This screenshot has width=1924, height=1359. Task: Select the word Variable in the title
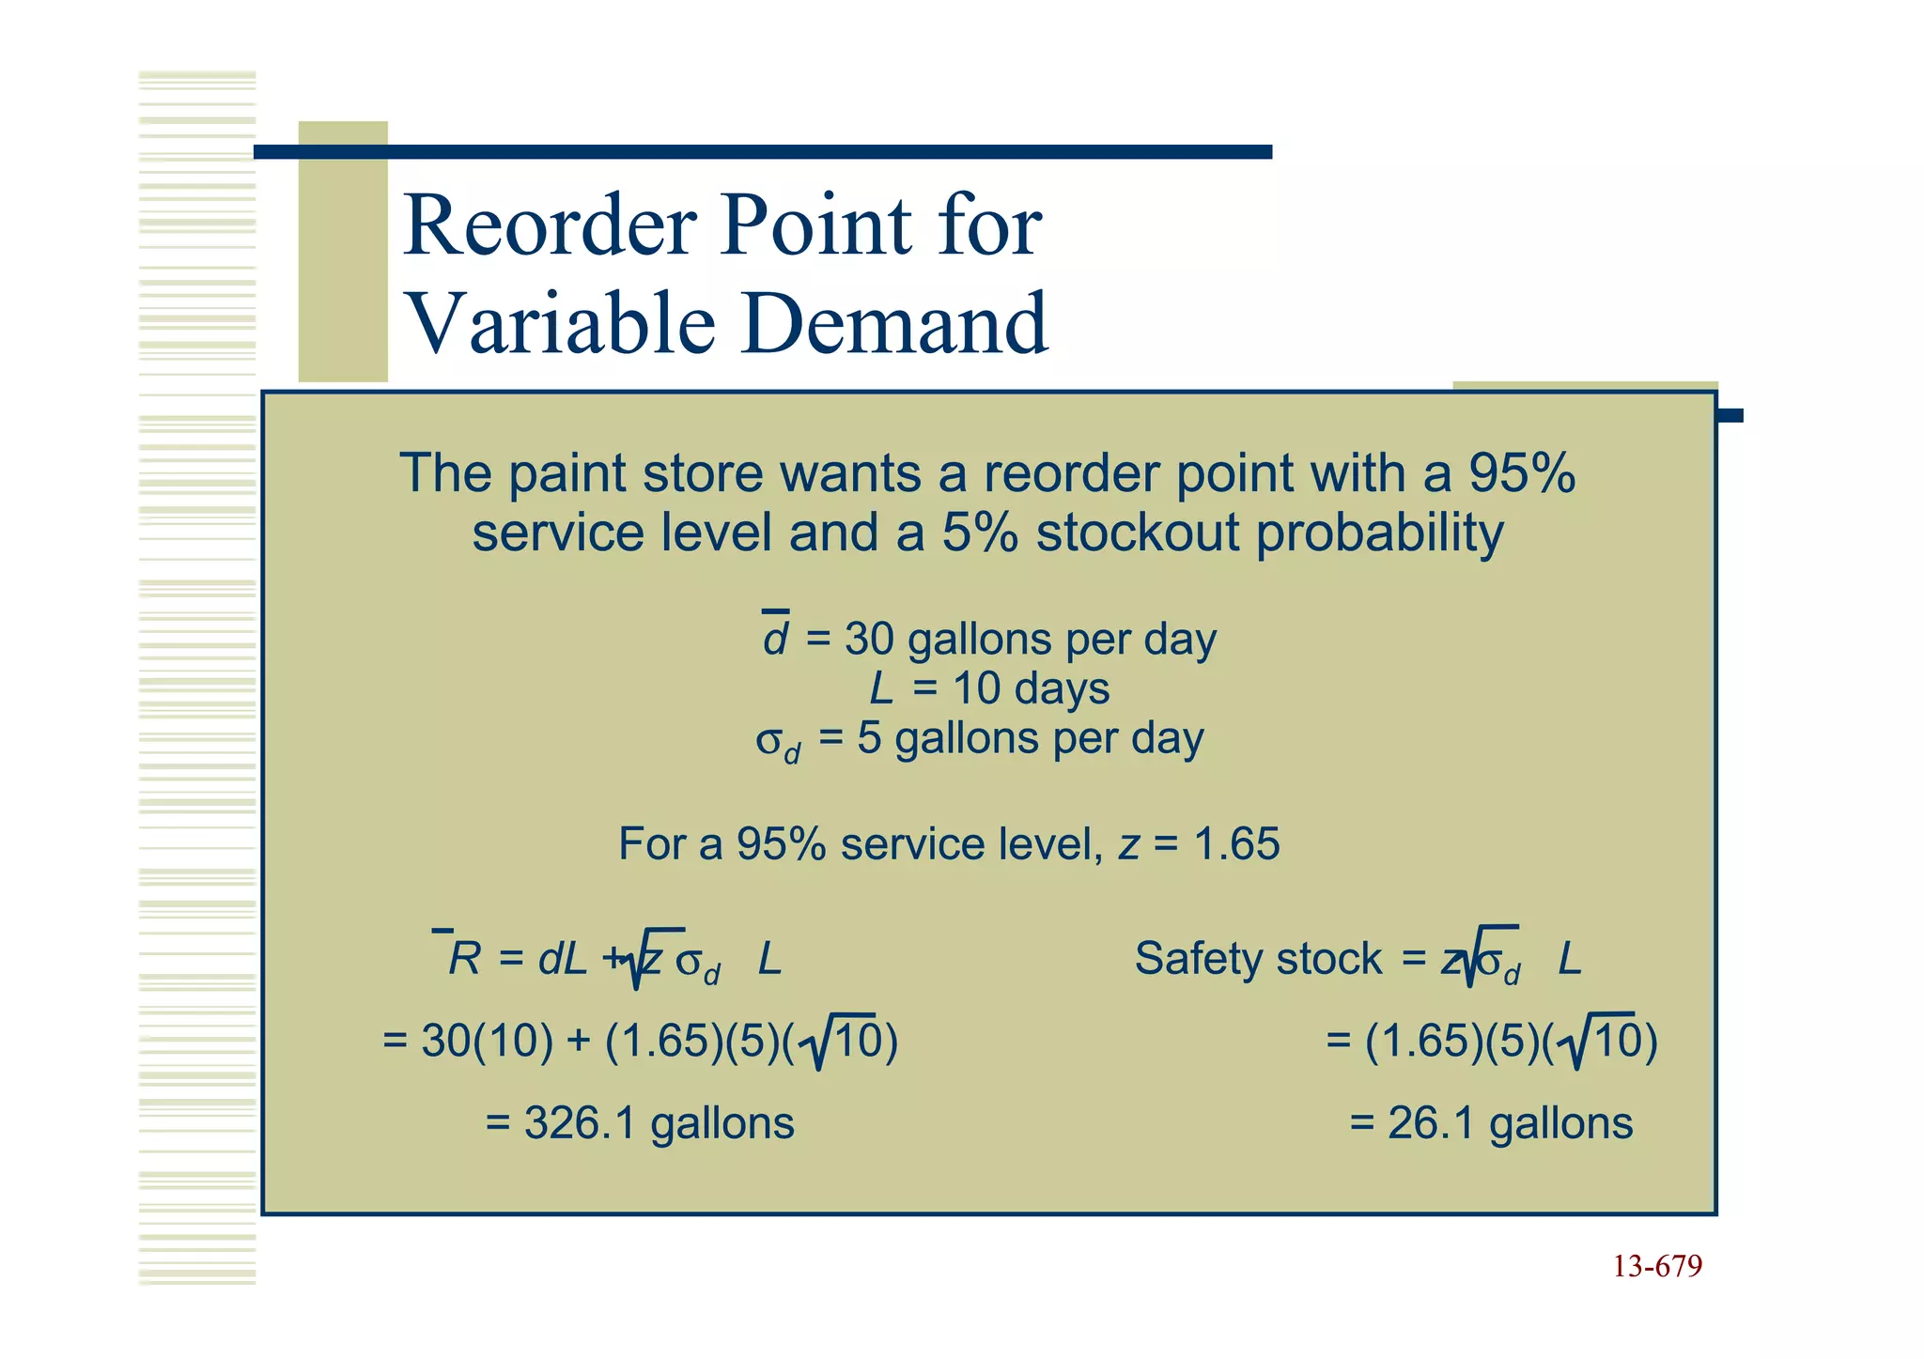[560, 324]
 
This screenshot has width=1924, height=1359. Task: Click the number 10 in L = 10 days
[977, 688]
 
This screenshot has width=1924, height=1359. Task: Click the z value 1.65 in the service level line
[1236, 843]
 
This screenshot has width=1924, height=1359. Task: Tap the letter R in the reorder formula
[465, 959]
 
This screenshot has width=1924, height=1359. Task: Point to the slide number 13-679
[1657, 1267]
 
